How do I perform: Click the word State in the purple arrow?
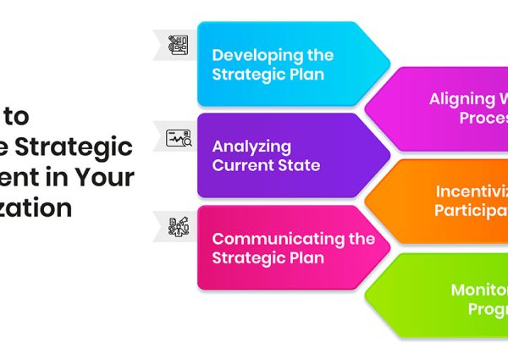[x=301, y=166]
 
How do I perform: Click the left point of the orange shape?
[x=365, y=201]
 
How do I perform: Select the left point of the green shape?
[x=365, y=293]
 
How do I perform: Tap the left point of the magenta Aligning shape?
[x=365, y=108]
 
